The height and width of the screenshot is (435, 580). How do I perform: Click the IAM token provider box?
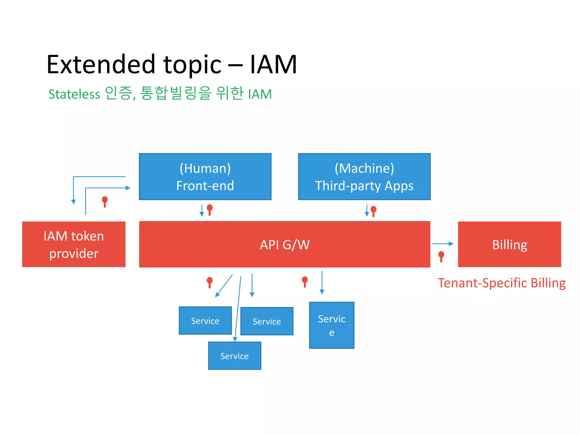(x=74, y=244)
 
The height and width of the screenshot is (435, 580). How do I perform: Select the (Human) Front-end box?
(x=205, y=177)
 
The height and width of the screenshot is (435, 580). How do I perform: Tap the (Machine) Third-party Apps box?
(x=364, y=177)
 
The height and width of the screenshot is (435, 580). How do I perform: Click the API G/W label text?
(x=285, y=245)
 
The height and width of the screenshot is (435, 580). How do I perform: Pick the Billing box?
(x=509, y=244)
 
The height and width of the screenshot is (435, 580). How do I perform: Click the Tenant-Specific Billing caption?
(x=502, y=283)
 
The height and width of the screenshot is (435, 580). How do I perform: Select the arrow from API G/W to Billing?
(x=442, y=244)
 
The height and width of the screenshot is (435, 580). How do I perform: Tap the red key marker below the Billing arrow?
(x=441, y=256)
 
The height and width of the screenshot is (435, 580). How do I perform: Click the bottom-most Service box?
(x=234, y=356)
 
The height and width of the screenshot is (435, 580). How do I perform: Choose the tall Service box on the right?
(x=332, y=325)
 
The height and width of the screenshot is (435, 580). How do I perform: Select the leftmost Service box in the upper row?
(x=205, y=321)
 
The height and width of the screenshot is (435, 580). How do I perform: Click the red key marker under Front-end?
(x=210, y=210)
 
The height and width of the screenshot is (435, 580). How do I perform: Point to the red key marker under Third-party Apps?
(x=373, y=211)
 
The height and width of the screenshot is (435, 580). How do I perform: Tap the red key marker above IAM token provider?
(x=105, y=201)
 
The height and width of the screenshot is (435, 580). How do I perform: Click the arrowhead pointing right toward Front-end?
(x=128, y=188)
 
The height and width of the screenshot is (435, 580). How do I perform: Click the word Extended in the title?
(x=101, y=65)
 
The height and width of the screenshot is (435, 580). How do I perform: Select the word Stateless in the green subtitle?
(x=74, y=94)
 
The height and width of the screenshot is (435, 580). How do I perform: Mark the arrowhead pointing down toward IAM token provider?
(x=73, y=202)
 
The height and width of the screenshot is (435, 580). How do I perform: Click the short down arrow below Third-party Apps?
(x=367, y=211)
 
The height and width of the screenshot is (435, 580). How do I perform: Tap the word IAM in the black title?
(x=273, y=65)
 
